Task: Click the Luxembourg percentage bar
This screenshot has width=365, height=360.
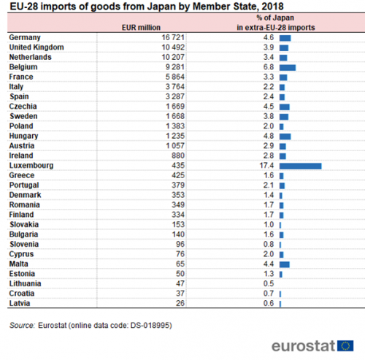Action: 300,166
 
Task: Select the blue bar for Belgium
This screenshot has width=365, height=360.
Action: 288,68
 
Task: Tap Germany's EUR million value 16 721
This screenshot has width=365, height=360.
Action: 173,37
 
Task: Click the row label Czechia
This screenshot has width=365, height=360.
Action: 23,107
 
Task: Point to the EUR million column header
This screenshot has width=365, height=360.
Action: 141,28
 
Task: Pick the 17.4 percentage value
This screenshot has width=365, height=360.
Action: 266,166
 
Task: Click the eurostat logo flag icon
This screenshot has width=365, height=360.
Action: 345,345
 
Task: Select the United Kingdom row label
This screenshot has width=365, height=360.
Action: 36,47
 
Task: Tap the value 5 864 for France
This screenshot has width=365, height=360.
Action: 175,77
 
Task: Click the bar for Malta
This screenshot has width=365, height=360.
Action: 285,264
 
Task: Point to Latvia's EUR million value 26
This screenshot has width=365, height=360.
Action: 180,303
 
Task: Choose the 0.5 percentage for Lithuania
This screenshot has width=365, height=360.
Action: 269,283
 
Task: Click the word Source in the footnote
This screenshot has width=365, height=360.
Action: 22,326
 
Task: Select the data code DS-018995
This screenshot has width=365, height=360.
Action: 150,326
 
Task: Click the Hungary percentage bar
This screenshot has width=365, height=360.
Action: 285,137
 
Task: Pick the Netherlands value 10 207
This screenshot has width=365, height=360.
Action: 173,57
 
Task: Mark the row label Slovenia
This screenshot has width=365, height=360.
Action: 24,244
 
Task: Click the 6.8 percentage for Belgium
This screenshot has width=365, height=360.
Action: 269,67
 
